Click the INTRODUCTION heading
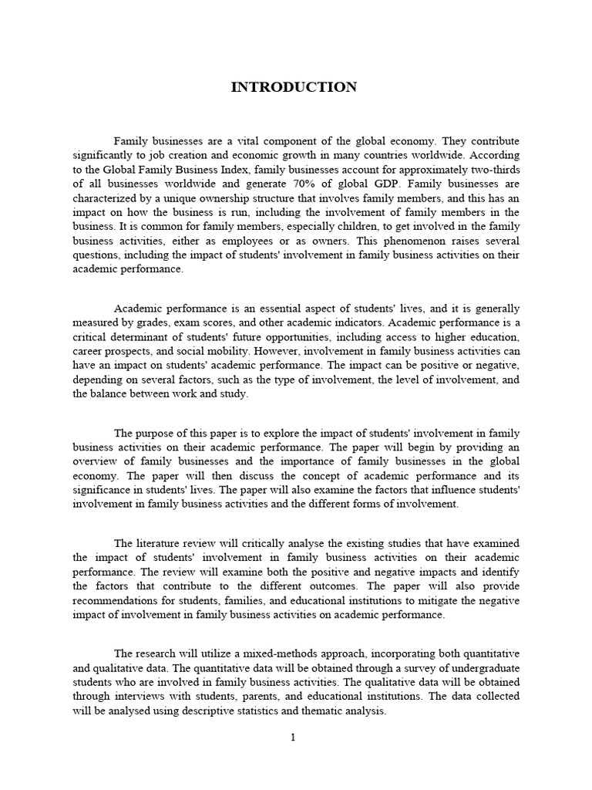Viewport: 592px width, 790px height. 294,87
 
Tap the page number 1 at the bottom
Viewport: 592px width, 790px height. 293,738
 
